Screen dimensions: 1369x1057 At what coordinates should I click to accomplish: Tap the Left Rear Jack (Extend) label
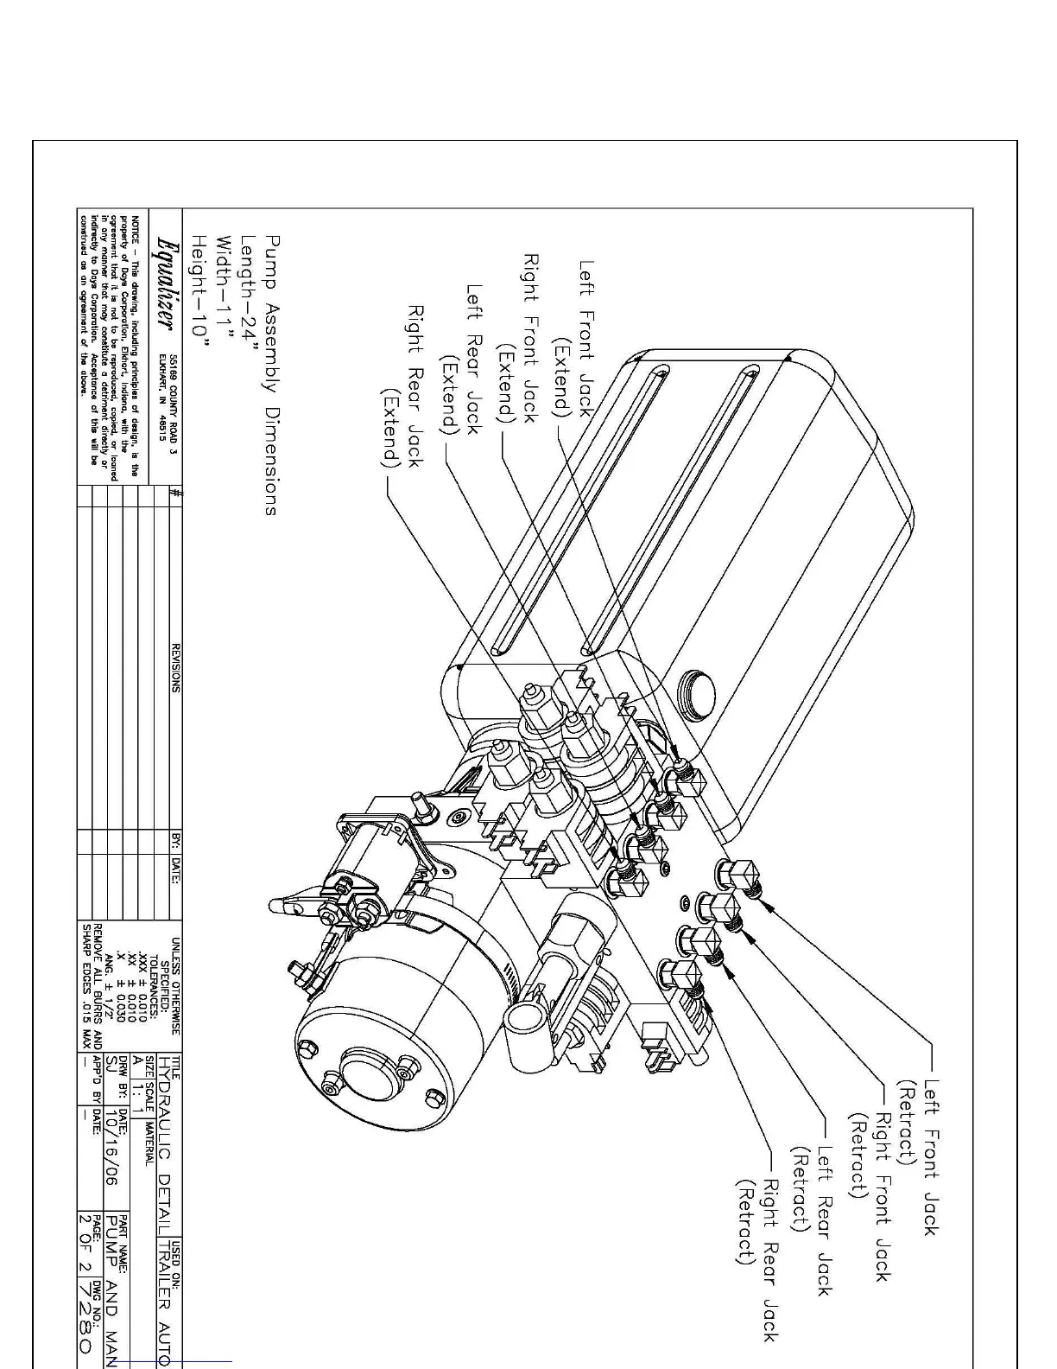[x=462, y=360]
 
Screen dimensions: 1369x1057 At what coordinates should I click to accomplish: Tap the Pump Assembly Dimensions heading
[x=272, y=376]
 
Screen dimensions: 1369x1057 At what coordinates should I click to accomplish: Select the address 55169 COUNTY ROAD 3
[x=174, y=398]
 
